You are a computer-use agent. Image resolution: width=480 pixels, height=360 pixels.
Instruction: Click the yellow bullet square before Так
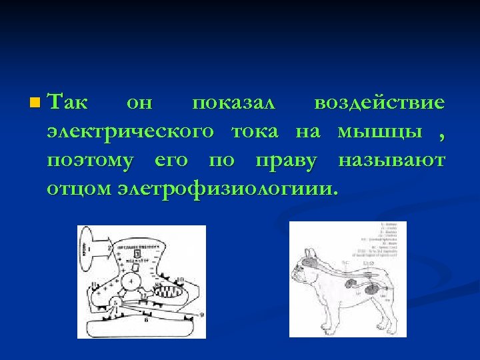tap(35, 103)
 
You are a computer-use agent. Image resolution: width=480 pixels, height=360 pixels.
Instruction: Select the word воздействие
tap(379, 103)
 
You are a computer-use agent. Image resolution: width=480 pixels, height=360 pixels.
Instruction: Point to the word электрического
tap(131, 132)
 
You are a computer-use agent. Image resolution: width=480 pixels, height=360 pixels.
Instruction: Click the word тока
tap(255, 132)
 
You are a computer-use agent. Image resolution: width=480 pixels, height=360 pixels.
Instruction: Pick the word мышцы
tap(381, 132)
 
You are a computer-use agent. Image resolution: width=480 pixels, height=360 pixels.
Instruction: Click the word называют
tap(391, 161)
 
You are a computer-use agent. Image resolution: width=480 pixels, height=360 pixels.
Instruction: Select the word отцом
tap(78, 189)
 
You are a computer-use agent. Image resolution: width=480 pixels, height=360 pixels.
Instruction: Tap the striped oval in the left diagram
tap(165, 291)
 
